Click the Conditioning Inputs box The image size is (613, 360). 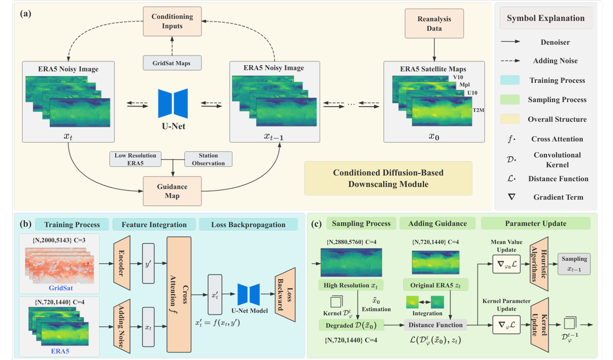point(172,21)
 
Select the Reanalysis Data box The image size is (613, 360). point(434,24)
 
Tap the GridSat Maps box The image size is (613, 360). point(172,63)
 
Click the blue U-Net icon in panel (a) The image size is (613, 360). point(173,104)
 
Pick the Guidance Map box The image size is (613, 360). point(172,191)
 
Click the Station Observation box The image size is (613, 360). point(208,159)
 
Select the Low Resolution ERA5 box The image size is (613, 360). point(135,159)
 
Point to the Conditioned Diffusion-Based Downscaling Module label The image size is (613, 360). point(388,178)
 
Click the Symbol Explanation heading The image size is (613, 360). point(545,18)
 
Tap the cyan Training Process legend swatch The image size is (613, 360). point(510,80)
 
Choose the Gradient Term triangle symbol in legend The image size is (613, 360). point(511,197)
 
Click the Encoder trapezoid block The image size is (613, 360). point(122,262)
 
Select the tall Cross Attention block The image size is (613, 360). point(179,294)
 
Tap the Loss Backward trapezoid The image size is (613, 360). point(285,294)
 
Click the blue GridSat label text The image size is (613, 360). point(61,288)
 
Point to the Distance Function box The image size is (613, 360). point(435,325)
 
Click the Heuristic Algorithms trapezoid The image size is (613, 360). point(539,264)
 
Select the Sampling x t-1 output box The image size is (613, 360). point(574,264)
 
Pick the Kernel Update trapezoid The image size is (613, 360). point(539,325)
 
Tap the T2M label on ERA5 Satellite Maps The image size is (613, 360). point(478,110)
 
